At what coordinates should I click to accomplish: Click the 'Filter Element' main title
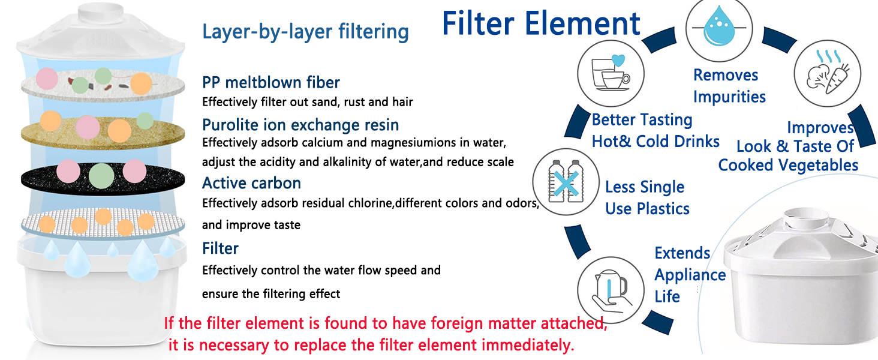click(x=541, y=24)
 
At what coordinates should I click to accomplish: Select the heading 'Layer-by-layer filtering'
click(x=305, y=31)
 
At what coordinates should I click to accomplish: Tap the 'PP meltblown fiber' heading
click(x=271, y=82)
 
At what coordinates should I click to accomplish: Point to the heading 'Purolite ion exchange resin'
click(x=300, y=125)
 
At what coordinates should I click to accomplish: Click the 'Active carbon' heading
click(x=251, y=182)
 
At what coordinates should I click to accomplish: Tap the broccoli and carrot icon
click(x=828, y=74)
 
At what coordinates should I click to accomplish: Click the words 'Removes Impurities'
click(x=729, y=86)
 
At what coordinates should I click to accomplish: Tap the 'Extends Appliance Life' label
click(x=690, y=275)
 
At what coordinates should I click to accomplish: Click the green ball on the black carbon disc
click(x=101, y=175)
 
